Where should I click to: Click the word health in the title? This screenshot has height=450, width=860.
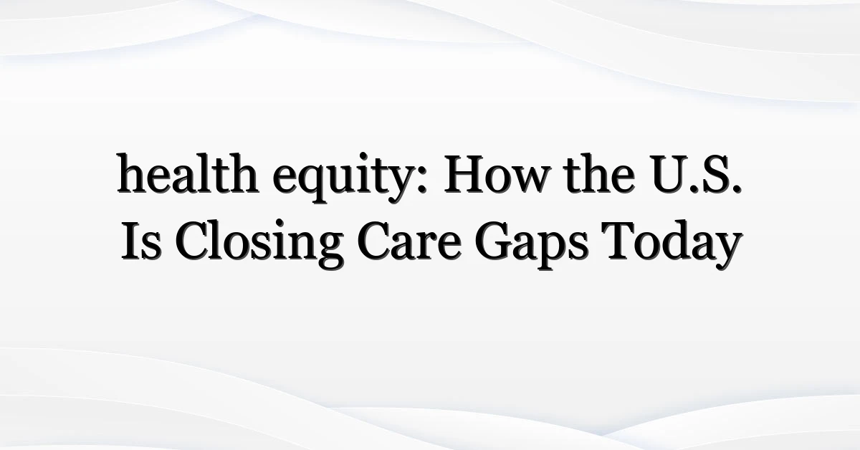click(x=188, y=173)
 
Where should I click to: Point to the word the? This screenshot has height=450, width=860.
click(x=600, y=173)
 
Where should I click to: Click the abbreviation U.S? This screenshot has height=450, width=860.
click(x=696, y=174)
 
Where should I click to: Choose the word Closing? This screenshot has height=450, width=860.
click(x=259, y=244)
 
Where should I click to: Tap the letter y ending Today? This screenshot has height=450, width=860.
click(x=727, y=252)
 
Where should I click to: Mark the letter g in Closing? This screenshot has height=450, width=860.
click(x=328, y=251)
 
